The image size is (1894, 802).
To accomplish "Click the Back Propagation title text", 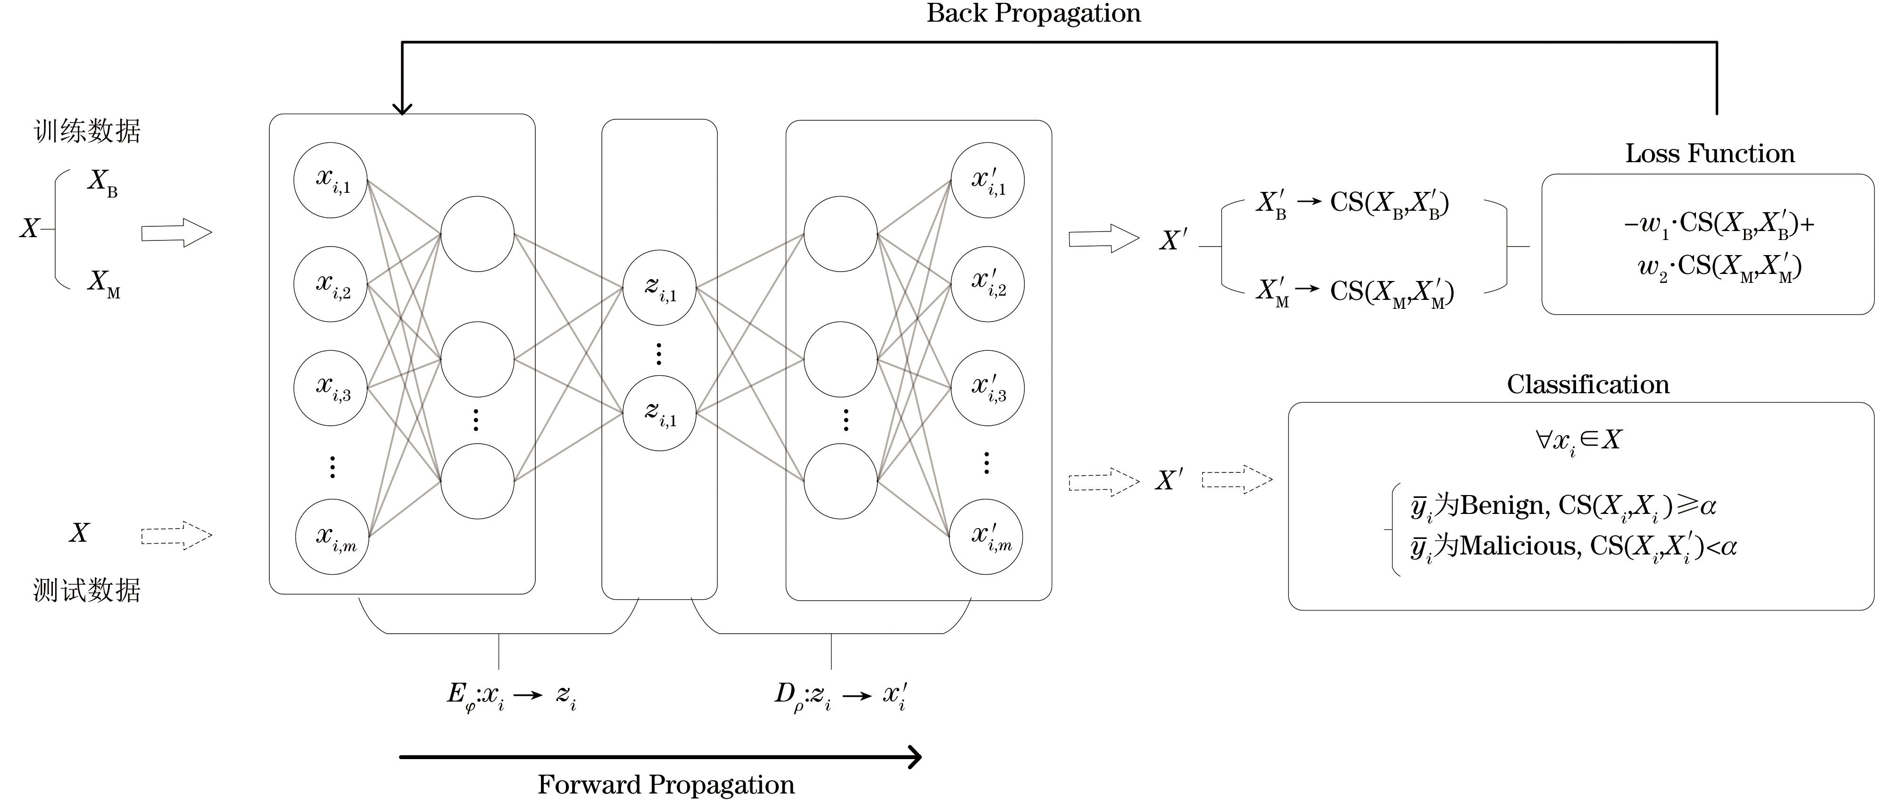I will (x=1033, y=13).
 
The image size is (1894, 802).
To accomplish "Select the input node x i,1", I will (x=331, y=180).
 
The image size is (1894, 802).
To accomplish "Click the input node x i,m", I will (x=332, y=536).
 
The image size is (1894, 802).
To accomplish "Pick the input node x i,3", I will (x=331, y=388).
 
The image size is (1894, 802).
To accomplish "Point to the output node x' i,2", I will (x=988, y=284).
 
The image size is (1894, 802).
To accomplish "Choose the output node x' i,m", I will (x=986, y=537).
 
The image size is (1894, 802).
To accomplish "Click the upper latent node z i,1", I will (x=659, y=288).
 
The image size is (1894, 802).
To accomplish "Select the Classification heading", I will (x=1588, y=384).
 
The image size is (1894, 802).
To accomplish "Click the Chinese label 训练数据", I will (x=87, y=131).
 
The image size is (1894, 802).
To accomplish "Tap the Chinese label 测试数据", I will (x=87, y=589).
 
